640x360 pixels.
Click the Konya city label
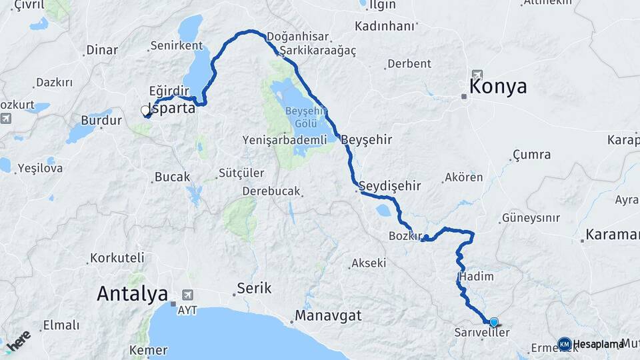[497, 87]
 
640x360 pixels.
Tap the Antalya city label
[132, 293]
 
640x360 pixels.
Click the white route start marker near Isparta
[145, 111]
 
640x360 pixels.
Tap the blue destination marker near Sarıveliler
[493, 321]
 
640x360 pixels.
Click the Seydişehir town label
[389, 185]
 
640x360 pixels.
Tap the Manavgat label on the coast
[328, 315]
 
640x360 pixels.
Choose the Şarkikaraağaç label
[318, 51]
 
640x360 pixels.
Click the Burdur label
[101, 121]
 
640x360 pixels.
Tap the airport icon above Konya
[476, 74]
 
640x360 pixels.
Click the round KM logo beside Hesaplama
[564, 343]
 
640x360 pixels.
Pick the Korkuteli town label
[117, 257]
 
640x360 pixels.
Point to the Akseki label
[369, 263]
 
